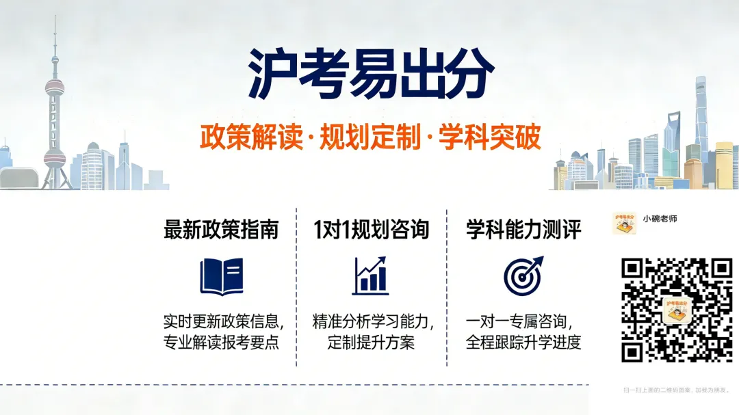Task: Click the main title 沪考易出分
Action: [370, 74]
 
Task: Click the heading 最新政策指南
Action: [221, 230]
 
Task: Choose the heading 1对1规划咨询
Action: [371, 230]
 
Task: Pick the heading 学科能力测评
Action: [523, 230]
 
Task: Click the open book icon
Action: [221, 276]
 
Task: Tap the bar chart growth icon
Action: [370, 276]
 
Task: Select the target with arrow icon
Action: [523, 275]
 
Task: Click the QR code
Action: [676, 310]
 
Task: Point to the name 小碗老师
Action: [660, 219]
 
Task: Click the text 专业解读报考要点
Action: [221, 343]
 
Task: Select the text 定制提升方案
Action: [371, 343]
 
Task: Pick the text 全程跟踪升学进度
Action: [523, 343]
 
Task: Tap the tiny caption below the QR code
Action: [676, 390]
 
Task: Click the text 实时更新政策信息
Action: [222, 321]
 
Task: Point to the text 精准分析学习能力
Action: [372, 321]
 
